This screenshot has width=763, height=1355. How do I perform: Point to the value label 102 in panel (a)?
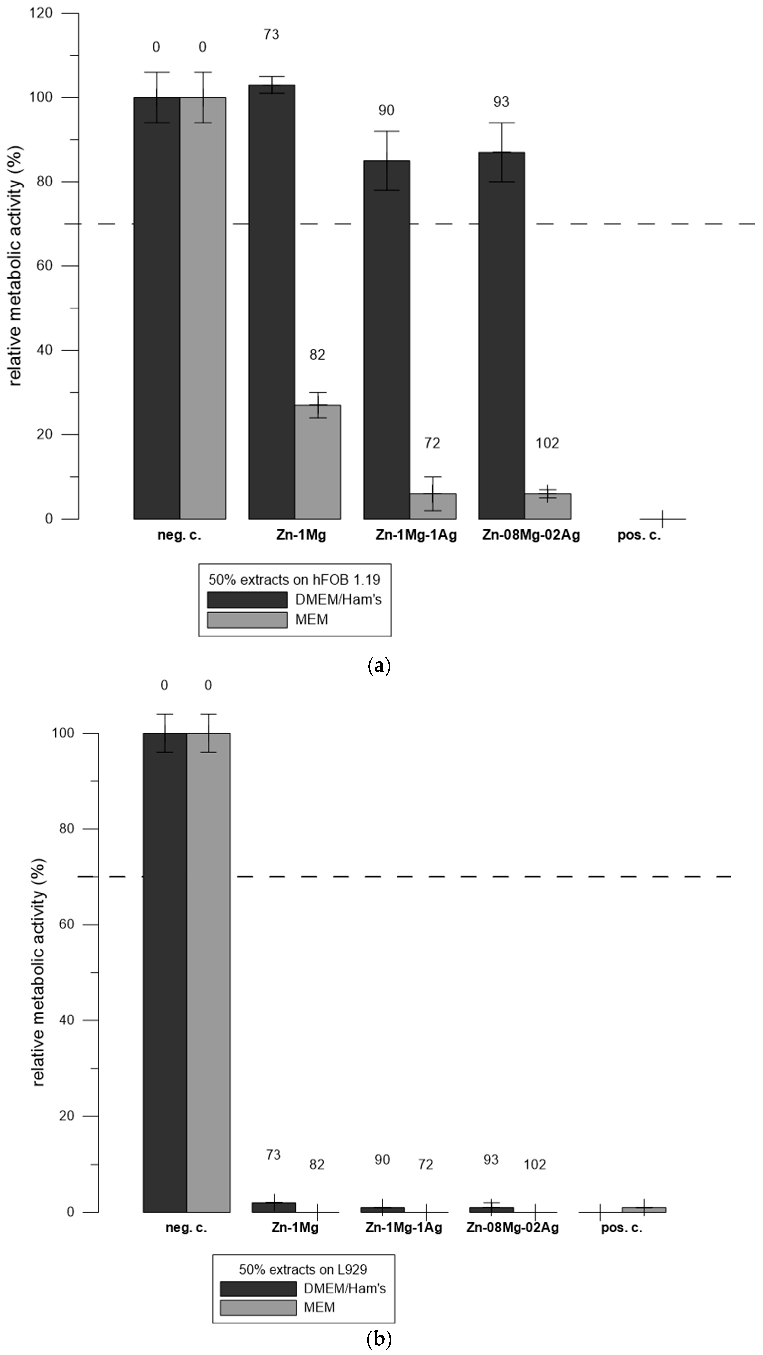coord(547,443)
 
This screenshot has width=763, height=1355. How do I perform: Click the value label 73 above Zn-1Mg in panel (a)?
coord(271,35)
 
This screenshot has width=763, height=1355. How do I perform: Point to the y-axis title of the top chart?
coord(16,266)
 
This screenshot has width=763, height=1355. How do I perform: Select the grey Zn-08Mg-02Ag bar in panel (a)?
coord(548,506)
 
